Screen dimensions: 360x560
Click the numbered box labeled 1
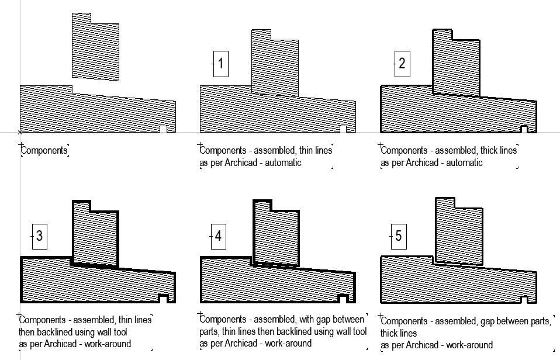[220, 63]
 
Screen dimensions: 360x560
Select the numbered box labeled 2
[402, 63]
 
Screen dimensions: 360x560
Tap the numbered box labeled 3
[39, 236]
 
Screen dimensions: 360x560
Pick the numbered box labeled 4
[218, 236]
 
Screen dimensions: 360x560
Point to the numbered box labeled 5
[399, 236]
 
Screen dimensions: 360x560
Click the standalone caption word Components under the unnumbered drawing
[44, 151]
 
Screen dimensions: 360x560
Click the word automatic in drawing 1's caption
[284, 163]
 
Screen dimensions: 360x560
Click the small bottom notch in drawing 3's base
[164, 299]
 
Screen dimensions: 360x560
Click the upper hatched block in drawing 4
[276, 234]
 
